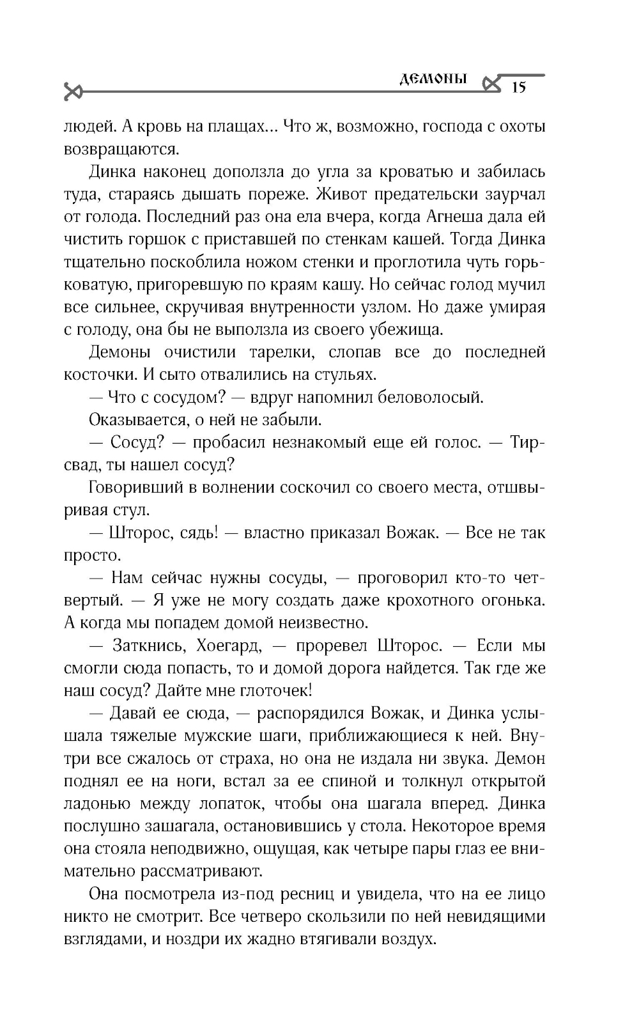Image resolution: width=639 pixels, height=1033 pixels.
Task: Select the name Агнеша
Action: pos(453,217)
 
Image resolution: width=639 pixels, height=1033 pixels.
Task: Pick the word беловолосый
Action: pos(431,397)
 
